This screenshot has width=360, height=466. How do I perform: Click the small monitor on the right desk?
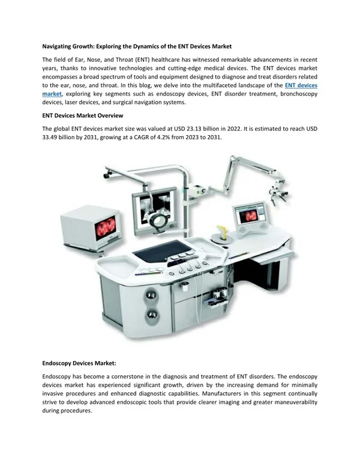click(251, 216)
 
